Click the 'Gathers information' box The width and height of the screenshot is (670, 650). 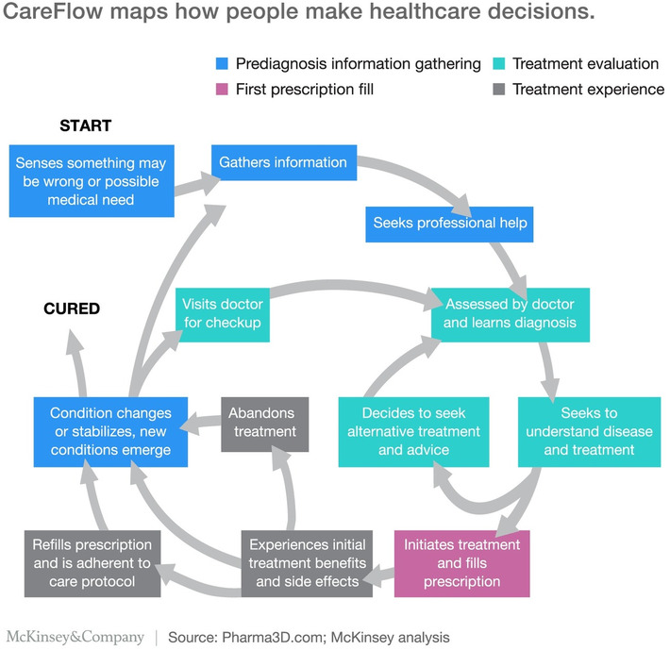pos(283,162)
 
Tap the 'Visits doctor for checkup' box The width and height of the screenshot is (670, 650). pos(222,315)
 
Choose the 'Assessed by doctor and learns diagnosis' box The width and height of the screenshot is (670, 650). pos(511,316)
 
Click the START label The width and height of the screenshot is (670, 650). pos(85,125)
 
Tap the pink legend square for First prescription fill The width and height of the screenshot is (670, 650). pos(222,89)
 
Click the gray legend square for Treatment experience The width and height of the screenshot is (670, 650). pos(498,89)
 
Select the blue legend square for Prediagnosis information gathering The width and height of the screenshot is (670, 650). pos(222,64)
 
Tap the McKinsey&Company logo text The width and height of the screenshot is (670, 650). pos(75,637)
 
